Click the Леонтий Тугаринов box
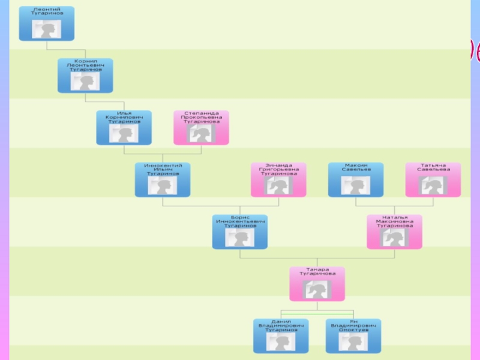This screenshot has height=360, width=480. [x=46, y=23]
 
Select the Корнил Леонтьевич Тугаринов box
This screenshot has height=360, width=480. [x=85, y=76]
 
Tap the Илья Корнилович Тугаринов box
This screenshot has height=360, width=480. [x=124, y=127]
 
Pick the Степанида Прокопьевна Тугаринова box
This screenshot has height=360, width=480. [x=201, y=127]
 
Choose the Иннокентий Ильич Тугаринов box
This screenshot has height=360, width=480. [x=163, y=179]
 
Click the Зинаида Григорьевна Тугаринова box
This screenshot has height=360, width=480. [x=278, y=179]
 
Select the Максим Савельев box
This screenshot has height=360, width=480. [x=356, y=179]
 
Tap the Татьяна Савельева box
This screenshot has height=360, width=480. [x=433, y=179]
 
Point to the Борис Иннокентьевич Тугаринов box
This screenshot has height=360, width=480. [x=240, y=232]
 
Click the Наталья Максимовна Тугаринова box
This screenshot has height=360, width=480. [x=395, y=232]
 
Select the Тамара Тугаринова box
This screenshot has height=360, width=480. [x=317, y=284]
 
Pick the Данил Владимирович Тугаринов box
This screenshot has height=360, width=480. [x=281, y=336]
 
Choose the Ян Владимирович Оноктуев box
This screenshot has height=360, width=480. [x=353, y=336]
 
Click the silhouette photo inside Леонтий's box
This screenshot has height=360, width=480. [x=46, y=29]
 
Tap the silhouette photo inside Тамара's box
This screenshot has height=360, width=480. [x=317, y=289]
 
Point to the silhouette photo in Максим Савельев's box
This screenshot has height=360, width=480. [x=356, y=185]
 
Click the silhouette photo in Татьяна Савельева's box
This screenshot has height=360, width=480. [x=433, y=185]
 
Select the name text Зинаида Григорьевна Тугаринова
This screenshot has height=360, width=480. [x=278, y=170]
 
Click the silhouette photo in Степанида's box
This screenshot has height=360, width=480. [x=201, y=133]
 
